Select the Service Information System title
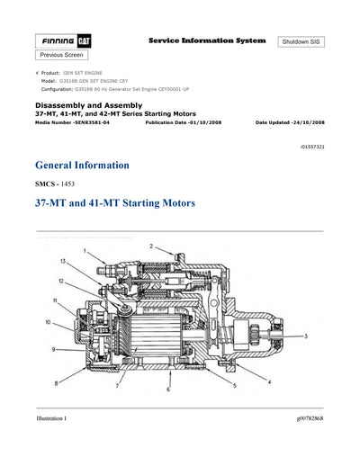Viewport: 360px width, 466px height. point(206,41)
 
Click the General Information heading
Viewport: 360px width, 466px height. point(82,166)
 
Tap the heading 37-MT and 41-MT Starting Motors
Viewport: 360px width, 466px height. point(114,204)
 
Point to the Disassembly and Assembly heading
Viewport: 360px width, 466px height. point(85,105)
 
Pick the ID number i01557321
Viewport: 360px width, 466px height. point(308,145)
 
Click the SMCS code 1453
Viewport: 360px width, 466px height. point(56,184)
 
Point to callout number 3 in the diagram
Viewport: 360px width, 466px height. point(307,336)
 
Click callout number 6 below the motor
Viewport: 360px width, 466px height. point(167,390)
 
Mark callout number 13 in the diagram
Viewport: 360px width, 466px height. point(63,261)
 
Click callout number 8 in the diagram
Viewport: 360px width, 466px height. point(57,383)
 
